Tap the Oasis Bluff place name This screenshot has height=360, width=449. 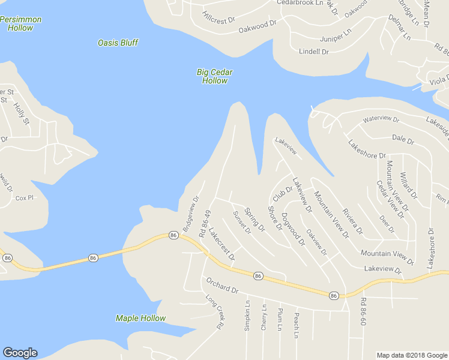pyautogui.click(x=118, y=43)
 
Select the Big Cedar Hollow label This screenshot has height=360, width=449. pyautogui.click(x=214, y=76)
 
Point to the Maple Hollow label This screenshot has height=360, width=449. pyautogui.click(x=140, y=318)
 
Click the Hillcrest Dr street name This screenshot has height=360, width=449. pyautogui.click(x=218, y=17)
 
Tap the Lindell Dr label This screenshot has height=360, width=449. pyautogui.click(x=314, y=52)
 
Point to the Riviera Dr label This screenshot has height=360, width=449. pyautogui.click(x=352, y=220)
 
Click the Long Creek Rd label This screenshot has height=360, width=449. pyautogui.click(x=214, y=311)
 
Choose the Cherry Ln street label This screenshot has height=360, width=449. pyautogui.click(x=264, y=316)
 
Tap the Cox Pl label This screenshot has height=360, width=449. pyautogui.click(x=24, y=197)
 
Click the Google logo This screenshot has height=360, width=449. pyautogui.click(x=20, y=353)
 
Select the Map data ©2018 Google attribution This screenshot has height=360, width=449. pyautogui.click(x=412, y=355)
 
